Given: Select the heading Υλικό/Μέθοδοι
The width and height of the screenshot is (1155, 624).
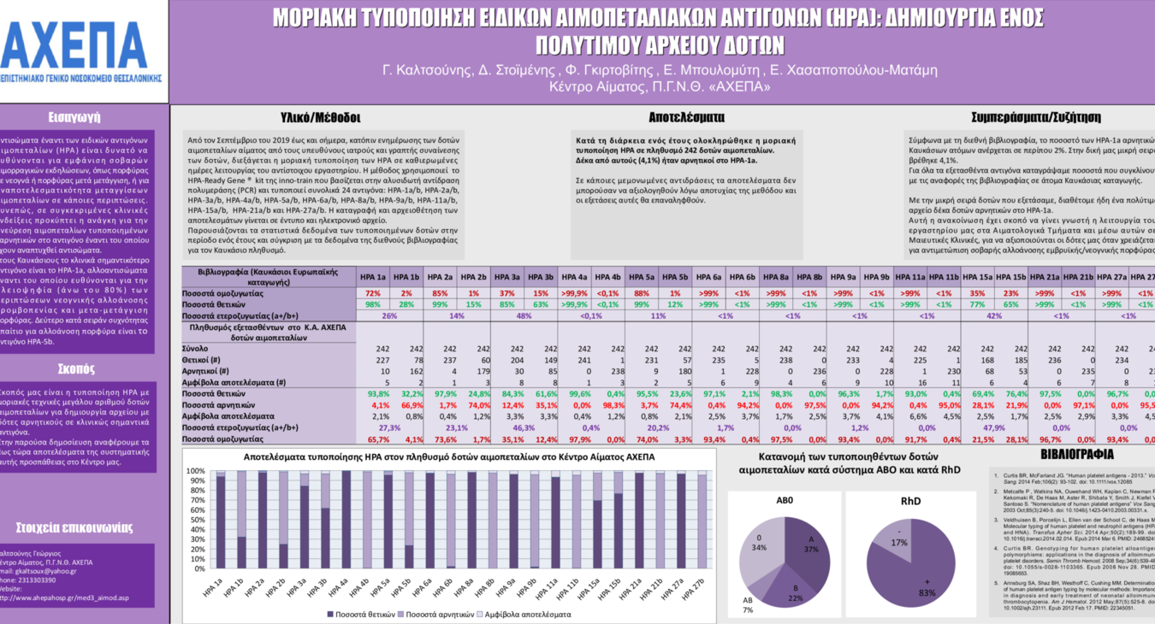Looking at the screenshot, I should pyautogui.click(x=321, y=117).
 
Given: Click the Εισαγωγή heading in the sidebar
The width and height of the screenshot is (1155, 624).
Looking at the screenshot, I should pyautogui.click(x=74, y=117).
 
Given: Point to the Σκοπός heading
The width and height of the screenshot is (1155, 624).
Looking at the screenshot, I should pyautogui.click(x=75, y=368).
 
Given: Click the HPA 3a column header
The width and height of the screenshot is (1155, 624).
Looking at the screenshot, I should pyautogui.click(x=507, y=277).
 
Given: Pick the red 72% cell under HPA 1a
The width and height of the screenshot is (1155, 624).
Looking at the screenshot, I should pyautogui.click(x=373, y=293).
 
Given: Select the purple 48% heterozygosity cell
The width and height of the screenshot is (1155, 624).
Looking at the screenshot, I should pyautogui.click(x=524, y=315).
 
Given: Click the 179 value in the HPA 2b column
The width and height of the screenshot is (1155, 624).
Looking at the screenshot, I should pyautogui.click(x=483, y=372).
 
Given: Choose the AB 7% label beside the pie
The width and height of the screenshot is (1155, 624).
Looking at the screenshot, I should pyautogui.click(x=747, y=605).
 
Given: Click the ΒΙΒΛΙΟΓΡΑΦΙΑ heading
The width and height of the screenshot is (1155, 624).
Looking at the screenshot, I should pyautogui.click(x=1076, y=455).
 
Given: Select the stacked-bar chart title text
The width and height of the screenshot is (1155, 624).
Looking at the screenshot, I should pyautogui.click(x=449, y=457).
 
